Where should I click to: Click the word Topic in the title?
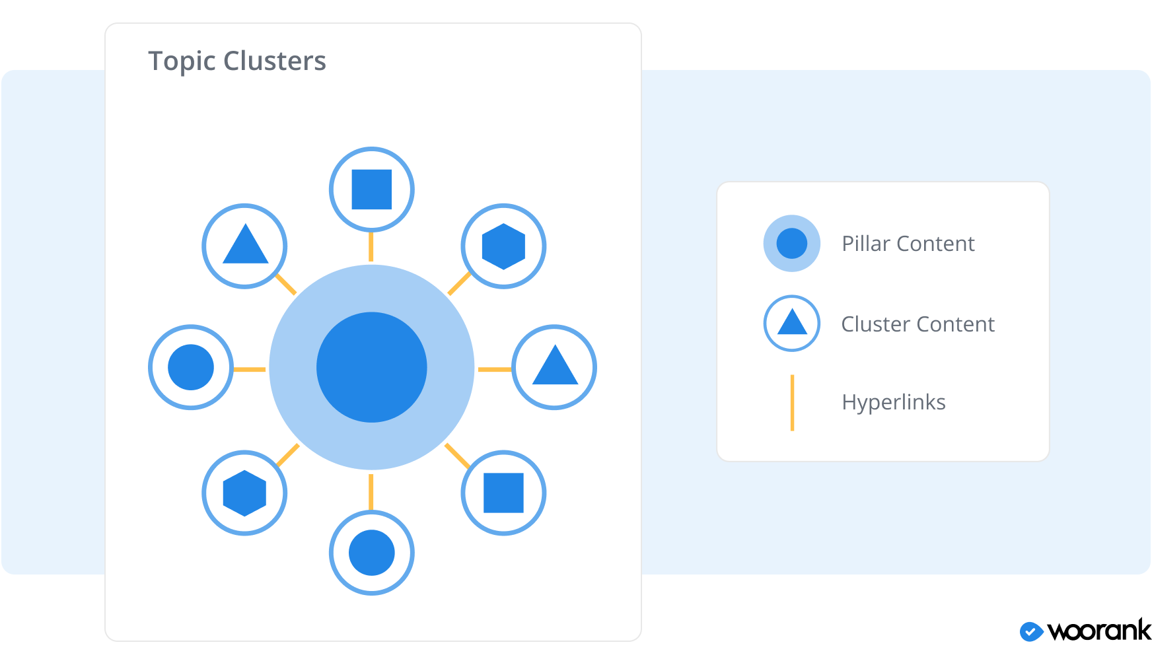pyautogui.click(x=182, y=61)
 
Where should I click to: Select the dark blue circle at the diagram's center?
pyautogui.click(x=371, y=367)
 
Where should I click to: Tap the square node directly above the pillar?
pyautogui.click(x=371, y=190)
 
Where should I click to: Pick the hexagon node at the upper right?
pyautogui.click(x=503, y=246)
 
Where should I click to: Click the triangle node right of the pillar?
pyautogui.click(x=555, y=367)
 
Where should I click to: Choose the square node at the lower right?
pyautogui.click(x=503, y=493)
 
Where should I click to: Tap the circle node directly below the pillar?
pyautogui.click(x=371, y=553)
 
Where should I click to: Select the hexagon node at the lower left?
pyautogui.click(x=244, y=493)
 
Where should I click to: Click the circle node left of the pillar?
pyautogui.click(x=191, y=367)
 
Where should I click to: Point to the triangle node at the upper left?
pyautogui.click(x=244, y=246)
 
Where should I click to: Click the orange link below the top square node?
pyautogui.click(x=371, y=246)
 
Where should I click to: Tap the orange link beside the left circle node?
pyautogui.click(x=250, y=369)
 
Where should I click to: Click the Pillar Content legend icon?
pyautogui.click(x=791, y=243)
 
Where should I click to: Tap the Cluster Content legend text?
pyautogui.click(x=917, y=324)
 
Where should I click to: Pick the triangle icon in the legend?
pyautogui.click(x=791, y=324)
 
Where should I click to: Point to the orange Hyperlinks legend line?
pyautogui.click(x=792, y=403)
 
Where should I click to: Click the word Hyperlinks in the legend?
pyautogui.click(x=893, y=402)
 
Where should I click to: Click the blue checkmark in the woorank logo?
pyautogui.click(x=1030, y=632)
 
